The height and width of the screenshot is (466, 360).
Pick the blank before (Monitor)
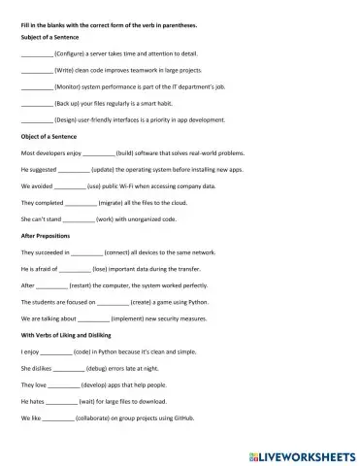coord(36,87)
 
